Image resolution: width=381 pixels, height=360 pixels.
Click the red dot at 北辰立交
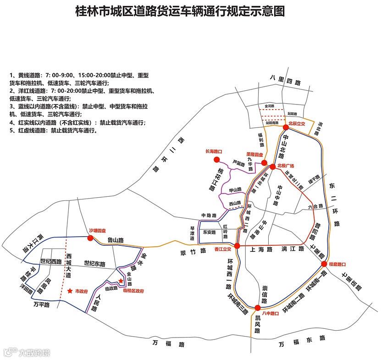coord(286,127)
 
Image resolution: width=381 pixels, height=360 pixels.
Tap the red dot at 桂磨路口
coord(324,264)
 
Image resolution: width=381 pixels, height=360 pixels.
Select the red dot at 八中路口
coord(258,308)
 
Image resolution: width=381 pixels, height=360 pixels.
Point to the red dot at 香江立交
coord(237,246)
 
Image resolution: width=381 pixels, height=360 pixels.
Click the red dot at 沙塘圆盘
coord(90,238)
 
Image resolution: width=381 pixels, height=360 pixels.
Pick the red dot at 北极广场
coord(272,166)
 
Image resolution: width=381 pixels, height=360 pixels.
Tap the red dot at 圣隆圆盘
coord(264,161)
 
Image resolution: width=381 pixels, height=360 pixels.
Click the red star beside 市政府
coord(70,290)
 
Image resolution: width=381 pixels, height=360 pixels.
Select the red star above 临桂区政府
coord(121,281)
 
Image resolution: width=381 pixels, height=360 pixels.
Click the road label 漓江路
coord(293,249)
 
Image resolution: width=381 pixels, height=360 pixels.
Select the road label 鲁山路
coord(116,239)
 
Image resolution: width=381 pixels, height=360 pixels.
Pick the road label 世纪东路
coord(94,264)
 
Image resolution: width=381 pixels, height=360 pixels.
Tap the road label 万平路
coord(41,304)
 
